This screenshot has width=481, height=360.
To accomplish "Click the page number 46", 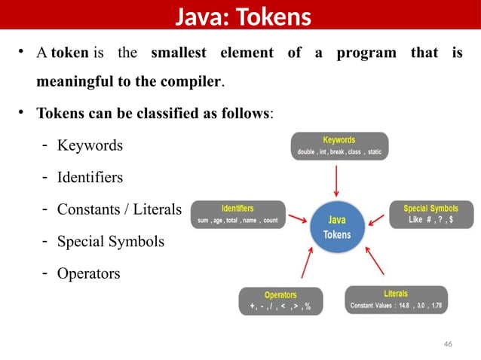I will tap(448, 343).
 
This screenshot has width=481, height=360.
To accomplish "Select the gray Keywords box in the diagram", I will tap(339, 146).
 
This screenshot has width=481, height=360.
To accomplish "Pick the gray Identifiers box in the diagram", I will tap(237, 215).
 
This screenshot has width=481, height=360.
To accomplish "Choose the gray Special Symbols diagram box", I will tap(430, 215).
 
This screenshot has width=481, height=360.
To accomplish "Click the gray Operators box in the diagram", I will tap(280, 301).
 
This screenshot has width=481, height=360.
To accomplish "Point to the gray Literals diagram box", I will tap(396, 300).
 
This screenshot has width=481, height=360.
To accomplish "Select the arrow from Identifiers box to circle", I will tap(298, 221).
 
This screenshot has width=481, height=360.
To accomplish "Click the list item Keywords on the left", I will tap(90, 145).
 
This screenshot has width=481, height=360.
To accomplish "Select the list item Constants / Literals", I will tap(119, 209).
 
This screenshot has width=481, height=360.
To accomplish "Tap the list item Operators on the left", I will tap(88, 273).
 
